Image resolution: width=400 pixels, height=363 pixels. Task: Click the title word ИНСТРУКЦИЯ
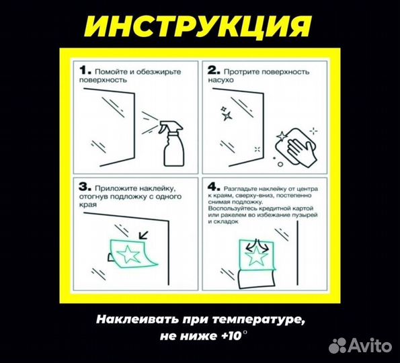[x=200, y=25]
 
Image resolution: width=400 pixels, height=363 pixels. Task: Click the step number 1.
[x=83, y=69]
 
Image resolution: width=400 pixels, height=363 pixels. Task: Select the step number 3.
[x=83, y=186]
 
